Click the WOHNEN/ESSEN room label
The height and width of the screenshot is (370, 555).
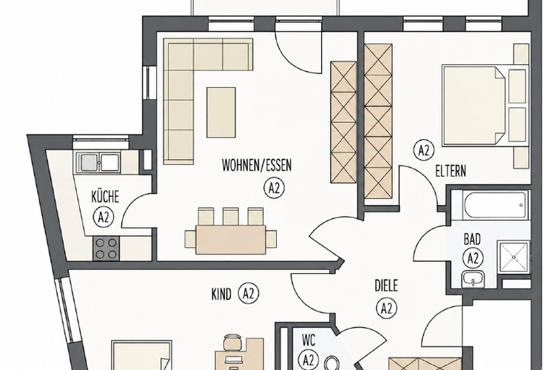(x=257, y=165)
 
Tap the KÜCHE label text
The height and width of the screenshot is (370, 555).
(x=105, y=197)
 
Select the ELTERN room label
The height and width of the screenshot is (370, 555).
(x=450, y=172)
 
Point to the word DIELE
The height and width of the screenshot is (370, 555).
(x=386, y=286)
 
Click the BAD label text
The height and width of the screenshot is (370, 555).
(x=472, y=239)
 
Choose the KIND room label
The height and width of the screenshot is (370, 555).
(x=221, y=295)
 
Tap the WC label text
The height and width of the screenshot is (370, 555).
(x=309, y=340)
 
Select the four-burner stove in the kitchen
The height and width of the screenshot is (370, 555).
(x=106, y=249)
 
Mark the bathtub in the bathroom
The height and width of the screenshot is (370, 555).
(x=494, y=205)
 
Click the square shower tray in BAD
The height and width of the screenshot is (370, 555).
(x=514, y=257)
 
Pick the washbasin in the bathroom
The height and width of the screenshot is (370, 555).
(x=473, y=280)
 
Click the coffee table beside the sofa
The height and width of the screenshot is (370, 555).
(x=221, y=112)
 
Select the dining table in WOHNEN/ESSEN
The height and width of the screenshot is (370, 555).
(x=230, y=240)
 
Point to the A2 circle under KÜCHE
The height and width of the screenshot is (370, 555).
(x=104, y=217)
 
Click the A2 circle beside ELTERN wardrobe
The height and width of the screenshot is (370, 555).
(x=424, y=150)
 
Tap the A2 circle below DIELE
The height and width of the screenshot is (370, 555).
(x=386, y=309)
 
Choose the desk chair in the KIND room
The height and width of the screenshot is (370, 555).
(x=232, y=342)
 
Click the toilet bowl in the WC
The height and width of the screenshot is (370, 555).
(x=331, y=363)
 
